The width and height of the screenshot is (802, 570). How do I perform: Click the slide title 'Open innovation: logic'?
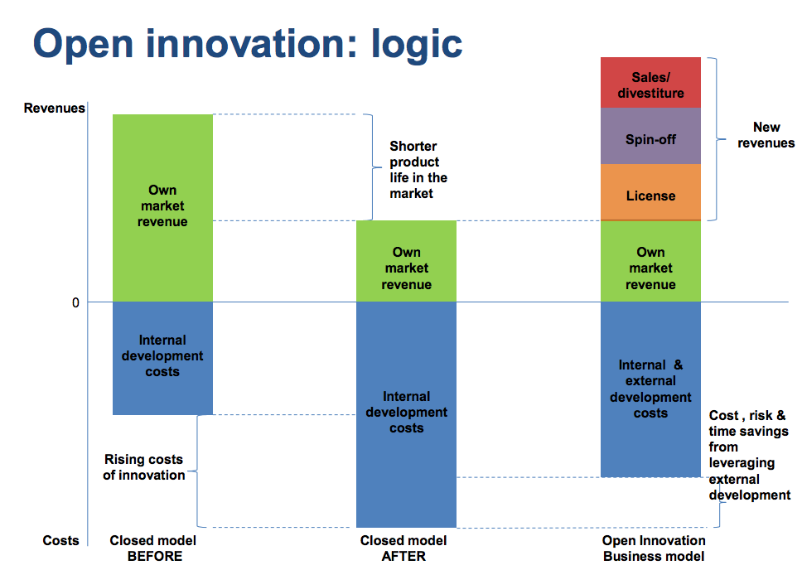coord(247,43)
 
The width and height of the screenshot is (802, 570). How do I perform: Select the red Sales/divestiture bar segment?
coord(650,83)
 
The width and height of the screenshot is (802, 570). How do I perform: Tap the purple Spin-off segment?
coord(650,138)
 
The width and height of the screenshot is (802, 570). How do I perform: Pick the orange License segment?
coord(650,196)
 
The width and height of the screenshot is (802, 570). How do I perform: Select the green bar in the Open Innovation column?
coord(650,268)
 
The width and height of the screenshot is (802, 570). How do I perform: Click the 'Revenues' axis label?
coord(54,108)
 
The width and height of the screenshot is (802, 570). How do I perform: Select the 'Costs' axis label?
coord(61,540)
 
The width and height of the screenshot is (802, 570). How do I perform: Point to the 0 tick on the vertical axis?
coord(75,302)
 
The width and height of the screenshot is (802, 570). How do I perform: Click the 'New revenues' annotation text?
coord(766,135)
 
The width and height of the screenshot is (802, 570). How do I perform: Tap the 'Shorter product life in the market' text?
coord(418,170)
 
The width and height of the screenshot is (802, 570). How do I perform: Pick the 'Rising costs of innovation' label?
coord(143,467)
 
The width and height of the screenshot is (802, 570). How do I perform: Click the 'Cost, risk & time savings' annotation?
coord(749,455)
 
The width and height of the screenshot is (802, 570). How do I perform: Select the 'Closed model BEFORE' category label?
coord(154,548)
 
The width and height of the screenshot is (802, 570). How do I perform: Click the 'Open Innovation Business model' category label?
coord(654,548)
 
